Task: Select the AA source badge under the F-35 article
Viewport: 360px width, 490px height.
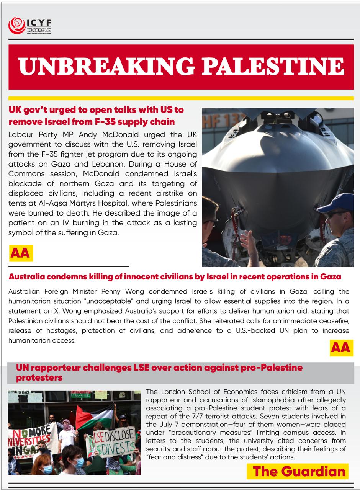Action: tap(21, 253)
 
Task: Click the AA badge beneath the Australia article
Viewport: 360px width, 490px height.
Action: tap(340, 347)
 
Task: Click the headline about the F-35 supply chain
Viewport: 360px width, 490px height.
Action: tap(96, 116)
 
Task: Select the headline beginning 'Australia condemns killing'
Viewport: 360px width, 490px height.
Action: tap(175, 276)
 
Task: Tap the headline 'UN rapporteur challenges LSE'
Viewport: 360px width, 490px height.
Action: tap(159, 372)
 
